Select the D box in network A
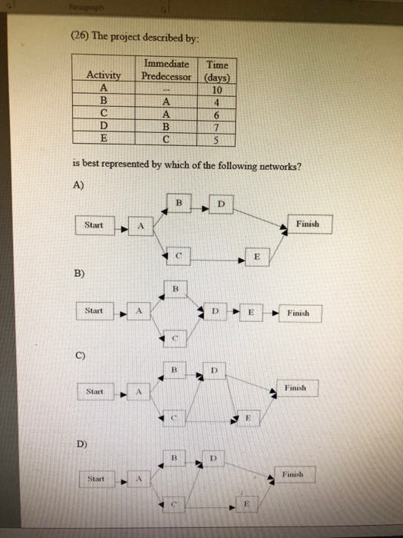pyautogui.click(x=220, y=204)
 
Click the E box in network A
pyautogui.click(x=257, y=256)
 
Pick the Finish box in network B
pyautogui.click(x=299, y=313)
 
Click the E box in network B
pyautogui.click(x=250, y=313)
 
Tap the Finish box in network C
pyautogui.click(x=296, y=389)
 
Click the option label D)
pyautogui.click(x=81, y=443)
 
